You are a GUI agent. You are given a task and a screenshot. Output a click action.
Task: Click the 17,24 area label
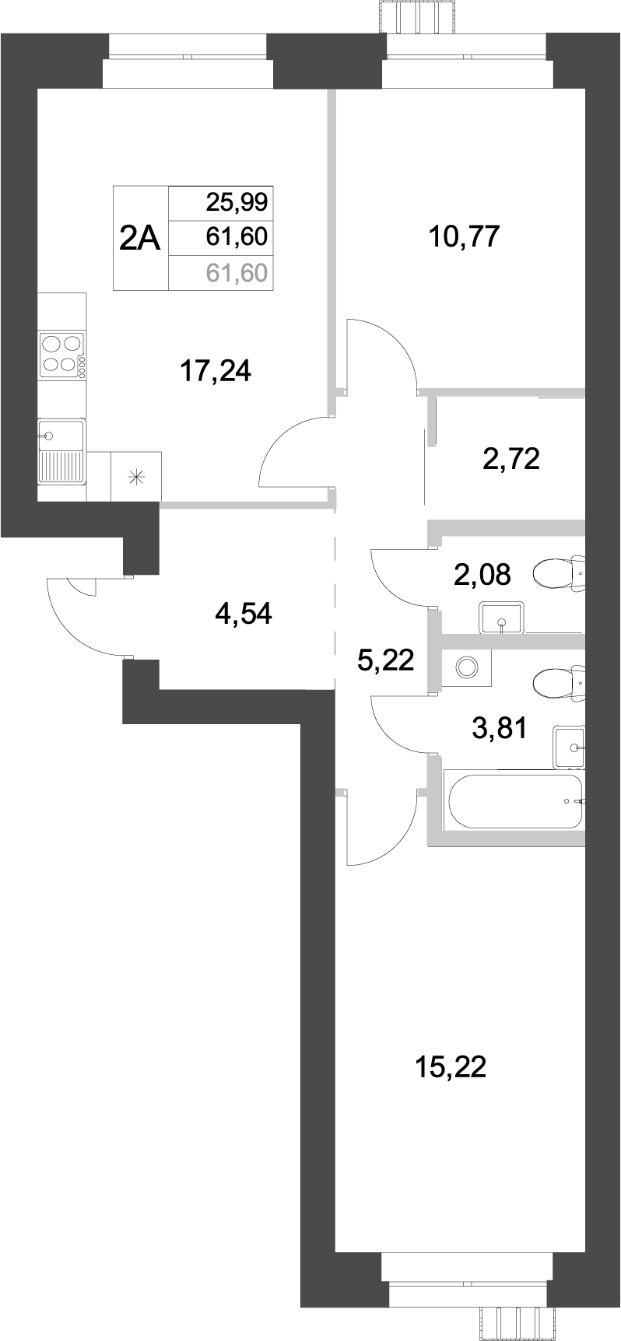(216, 372)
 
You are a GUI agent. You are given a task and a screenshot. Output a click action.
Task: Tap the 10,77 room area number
(464, 236)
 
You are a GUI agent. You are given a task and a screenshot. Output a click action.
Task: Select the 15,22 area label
(451, 1067)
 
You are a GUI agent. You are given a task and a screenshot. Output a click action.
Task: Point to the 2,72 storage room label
(511, 460)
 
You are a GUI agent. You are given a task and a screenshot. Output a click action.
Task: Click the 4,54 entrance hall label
(244, 615)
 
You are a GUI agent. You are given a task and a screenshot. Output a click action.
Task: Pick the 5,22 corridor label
(385, 661)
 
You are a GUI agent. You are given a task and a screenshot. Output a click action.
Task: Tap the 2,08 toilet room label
(482, 576)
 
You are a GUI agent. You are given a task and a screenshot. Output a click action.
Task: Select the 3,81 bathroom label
(500, 729)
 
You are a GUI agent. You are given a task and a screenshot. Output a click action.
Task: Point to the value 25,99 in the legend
(237, 203)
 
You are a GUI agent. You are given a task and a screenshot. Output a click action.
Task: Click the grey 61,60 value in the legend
(237, 272)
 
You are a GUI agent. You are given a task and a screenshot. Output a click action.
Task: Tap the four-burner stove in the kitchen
(61, 354)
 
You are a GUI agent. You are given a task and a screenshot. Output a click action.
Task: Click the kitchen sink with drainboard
(61, 452)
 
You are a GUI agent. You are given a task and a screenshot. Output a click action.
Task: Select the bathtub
(514, 801)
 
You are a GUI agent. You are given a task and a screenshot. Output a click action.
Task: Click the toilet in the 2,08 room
(559, 574)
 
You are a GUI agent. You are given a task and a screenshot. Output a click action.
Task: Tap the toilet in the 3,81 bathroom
(559, 683)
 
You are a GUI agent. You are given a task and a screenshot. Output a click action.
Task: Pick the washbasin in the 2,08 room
(500, 617)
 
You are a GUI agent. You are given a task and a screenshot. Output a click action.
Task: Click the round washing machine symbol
(467, 667)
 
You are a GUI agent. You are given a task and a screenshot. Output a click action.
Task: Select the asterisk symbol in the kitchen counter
(137, 477)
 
